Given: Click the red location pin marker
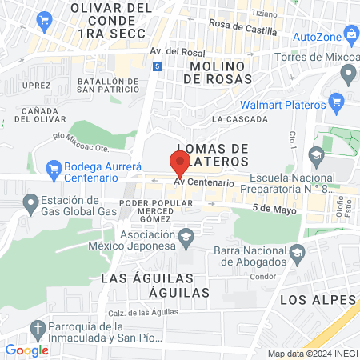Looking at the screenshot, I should pos(180,162).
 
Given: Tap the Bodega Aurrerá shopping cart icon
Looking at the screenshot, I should pos(54,168).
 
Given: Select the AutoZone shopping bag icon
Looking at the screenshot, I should pos(351,35).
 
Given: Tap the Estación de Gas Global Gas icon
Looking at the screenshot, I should pos(30,206).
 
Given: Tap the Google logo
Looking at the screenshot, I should pos(26,350).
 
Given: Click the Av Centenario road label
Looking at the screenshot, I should pos(204,183).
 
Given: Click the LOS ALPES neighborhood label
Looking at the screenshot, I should pos(317,299).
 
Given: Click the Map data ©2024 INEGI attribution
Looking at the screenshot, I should pos(311,354).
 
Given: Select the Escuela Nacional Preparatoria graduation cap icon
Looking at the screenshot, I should pos(316,154).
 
